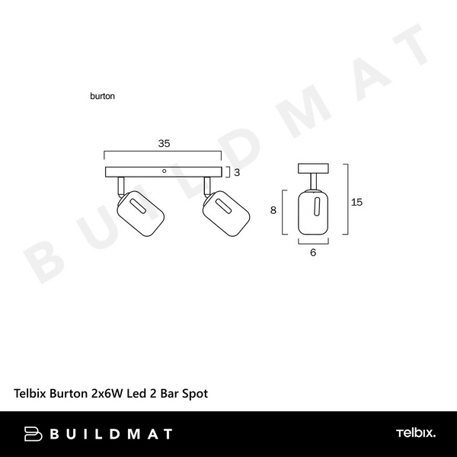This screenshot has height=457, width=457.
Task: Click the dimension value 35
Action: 164,142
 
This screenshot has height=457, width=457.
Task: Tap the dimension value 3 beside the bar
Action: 237,173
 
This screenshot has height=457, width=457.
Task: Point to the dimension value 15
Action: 356,202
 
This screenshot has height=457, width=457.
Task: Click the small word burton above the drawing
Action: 101,97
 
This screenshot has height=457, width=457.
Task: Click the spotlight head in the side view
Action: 313,213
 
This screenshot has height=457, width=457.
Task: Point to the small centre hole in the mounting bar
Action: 164,171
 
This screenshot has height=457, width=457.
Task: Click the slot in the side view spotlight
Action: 313,206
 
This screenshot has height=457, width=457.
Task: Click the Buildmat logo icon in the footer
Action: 34,434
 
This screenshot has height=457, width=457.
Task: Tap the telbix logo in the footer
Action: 415,434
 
